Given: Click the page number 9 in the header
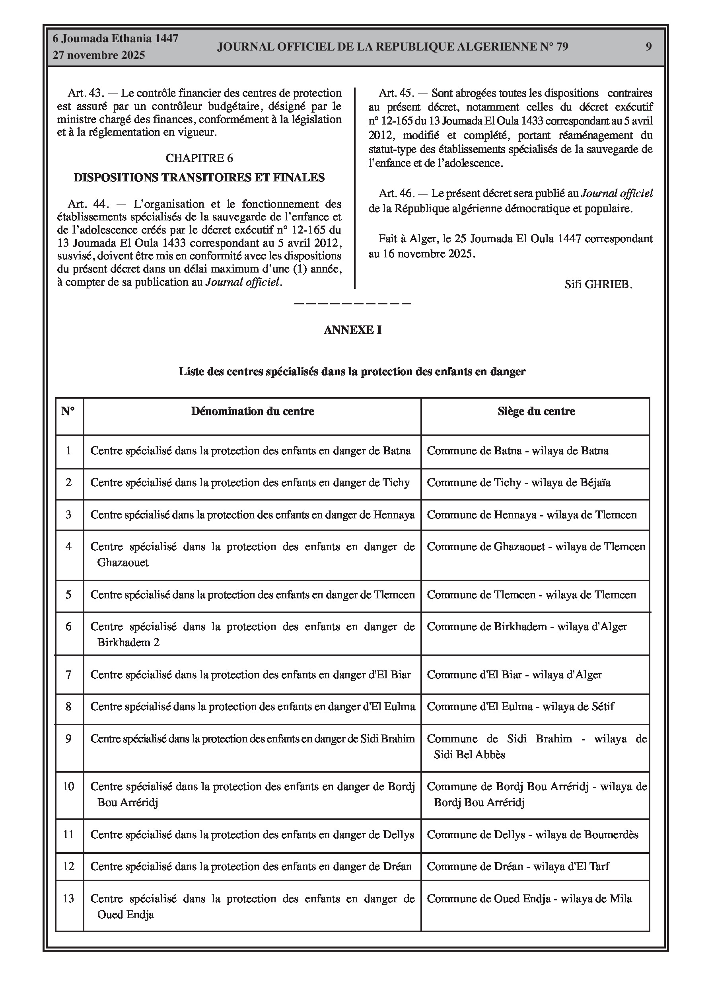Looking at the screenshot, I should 648,47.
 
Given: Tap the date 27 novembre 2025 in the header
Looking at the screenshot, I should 99,56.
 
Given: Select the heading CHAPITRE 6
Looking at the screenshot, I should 199,158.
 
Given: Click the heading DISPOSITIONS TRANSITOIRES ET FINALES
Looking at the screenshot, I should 199,178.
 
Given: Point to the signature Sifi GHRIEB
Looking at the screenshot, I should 598,284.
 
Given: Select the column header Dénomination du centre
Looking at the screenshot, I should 253,411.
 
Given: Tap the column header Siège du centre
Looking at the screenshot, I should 536,411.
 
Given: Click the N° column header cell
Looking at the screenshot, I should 68,411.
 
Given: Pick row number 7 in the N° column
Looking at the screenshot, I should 69,674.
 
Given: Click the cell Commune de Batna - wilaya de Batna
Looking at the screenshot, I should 517,451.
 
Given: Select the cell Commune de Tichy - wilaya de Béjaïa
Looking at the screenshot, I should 519,483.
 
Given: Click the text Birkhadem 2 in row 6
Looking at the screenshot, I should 128,642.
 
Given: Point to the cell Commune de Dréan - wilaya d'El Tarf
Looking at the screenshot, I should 518,866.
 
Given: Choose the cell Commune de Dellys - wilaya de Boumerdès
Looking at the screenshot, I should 532,835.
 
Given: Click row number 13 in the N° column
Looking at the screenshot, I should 69,899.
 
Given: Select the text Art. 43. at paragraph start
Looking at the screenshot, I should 86,93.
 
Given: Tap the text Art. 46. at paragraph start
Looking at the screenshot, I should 396,193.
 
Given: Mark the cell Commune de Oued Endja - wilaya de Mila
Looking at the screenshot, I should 529,899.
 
